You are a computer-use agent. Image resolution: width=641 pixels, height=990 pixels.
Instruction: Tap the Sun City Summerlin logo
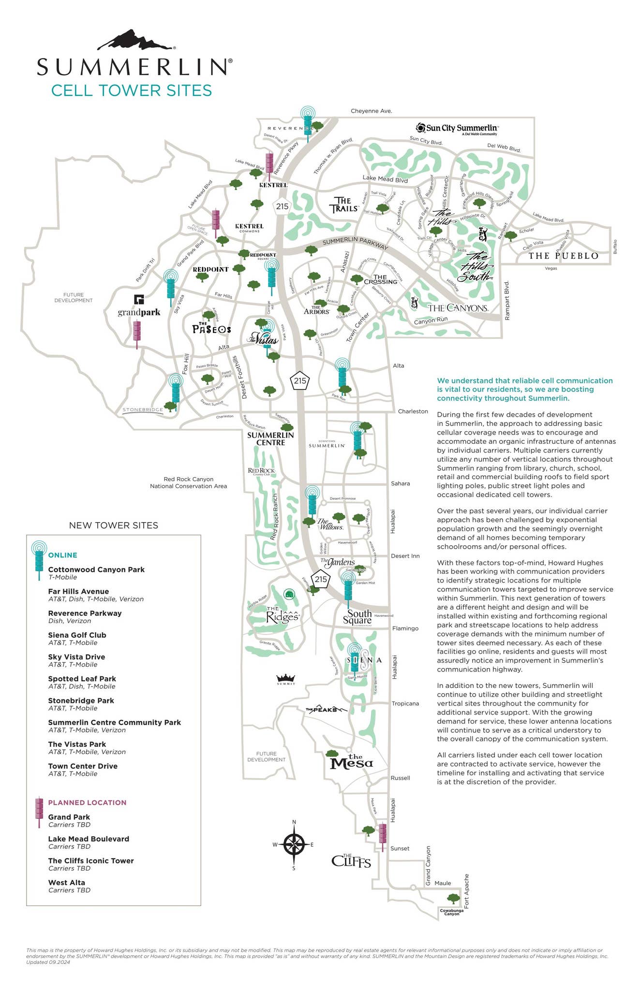click(457, 129)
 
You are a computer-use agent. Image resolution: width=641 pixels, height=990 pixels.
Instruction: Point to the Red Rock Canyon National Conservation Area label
click(188, 482)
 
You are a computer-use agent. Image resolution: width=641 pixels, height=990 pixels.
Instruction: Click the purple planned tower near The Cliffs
click(382, 835)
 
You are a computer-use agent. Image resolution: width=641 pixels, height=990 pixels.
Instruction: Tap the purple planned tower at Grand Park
click(137, 333)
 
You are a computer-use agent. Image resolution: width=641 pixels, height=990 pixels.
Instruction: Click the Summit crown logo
click(285, 679)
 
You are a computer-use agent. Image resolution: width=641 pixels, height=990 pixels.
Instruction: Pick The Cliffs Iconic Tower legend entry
click(91, 860)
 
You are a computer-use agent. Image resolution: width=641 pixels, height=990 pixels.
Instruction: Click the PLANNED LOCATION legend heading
click(87, 802)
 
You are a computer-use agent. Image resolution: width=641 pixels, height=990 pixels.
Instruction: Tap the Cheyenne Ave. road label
click(371, 111)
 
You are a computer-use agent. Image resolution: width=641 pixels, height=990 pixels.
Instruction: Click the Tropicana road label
click(405, 703)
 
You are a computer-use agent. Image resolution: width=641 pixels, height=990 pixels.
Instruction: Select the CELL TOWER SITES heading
click(132, 90)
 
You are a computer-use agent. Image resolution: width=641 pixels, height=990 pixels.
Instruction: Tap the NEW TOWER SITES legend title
click(114, 525)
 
